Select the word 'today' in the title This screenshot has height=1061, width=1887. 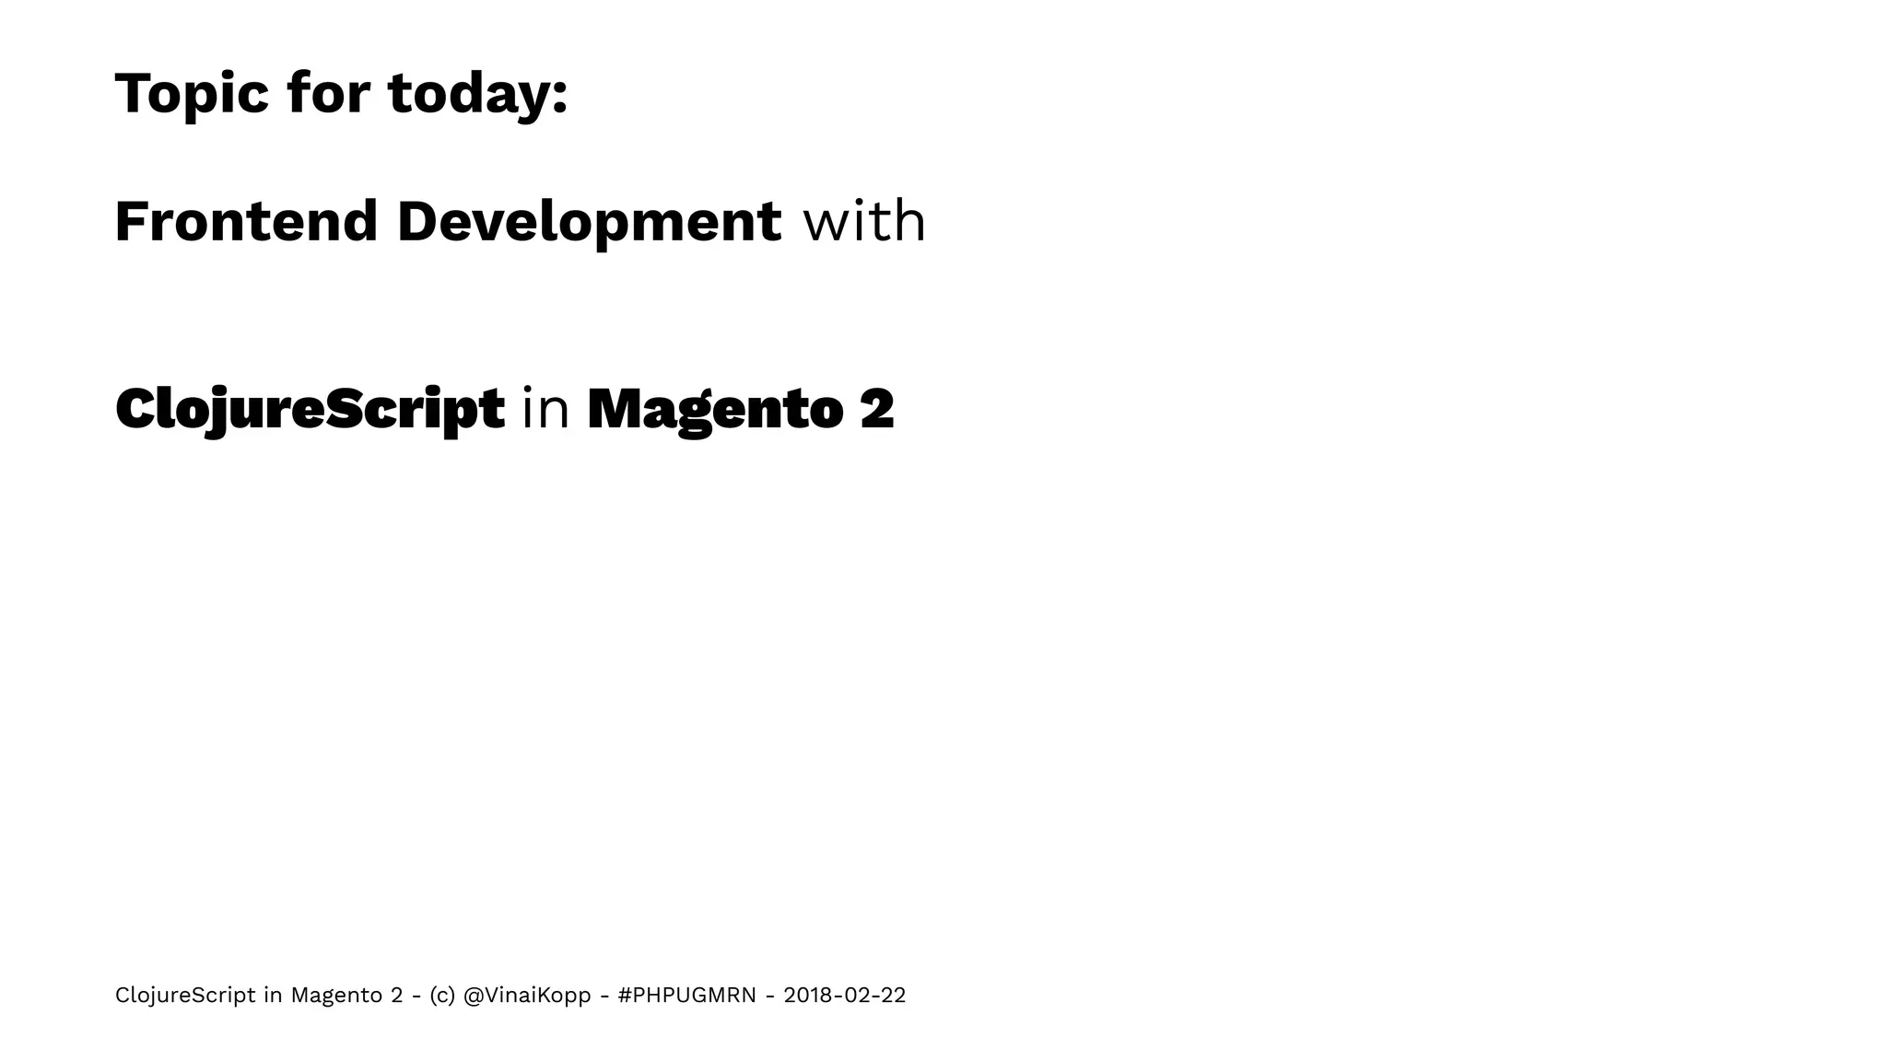469,94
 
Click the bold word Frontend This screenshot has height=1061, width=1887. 246,222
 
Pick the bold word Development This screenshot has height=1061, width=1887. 589,222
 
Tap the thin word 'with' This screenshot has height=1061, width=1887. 864,222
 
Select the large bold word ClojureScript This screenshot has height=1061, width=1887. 310,409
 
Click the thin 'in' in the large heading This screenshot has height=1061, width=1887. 545,409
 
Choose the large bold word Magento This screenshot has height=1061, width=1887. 715,409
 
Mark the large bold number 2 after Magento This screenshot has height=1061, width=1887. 877,409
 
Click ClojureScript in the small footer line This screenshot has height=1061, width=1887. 185,996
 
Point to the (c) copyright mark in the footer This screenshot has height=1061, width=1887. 441,996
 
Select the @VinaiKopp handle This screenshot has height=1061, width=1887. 527,996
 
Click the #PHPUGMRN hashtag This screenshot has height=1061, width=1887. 686,996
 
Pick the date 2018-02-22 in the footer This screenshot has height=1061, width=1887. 844,996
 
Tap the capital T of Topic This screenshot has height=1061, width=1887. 131,94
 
